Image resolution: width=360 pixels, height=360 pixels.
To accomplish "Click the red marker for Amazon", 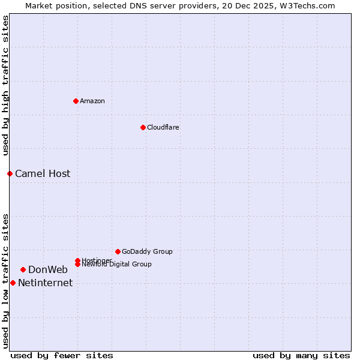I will tap(76, 101).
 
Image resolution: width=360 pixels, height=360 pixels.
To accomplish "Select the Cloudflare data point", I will tap(143, 127).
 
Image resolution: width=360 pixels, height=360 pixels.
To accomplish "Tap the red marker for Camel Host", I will tap(10, 173).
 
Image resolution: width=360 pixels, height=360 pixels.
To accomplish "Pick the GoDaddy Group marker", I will tap(118, 251).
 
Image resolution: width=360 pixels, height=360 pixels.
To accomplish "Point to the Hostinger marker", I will tap(77, 260).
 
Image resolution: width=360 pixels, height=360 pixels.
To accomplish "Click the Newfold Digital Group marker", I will tap(77, 264).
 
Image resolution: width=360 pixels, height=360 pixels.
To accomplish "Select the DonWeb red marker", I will tap(23, 269).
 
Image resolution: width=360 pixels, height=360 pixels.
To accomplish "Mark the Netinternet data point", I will tap(13, 283).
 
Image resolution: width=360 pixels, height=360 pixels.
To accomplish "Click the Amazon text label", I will tap(92, 101).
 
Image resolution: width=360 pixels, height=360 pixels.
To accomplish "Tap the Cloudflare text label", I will tap(163, 127).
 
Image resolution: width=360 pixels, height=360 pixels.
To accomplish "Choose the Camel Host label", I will tap(43, 173).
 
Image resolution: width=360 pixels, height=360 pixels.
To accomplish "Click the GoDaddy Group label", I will tap(147, 251).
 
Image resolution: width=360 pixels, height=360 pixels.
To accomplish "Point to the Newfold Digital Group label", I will tap(116, 265).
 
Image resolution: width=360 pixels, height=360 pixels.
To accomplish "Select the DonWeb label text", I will tap(48, 269).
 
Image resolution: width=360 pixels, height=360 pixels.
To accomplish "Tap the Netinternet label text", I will tap(45, 283).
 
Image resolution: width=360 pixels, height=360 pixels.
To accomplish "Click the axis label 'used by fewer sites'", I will tap(62, 355).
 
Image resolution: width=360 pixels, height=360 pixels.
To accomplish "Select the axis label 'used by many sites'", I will tap(301, 355).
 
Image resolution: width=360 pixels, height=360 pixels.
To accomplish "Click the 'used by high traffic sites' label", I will tap(5, 86).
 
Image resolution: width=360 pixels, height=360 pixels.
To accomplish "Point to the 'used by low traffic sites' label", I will tap(5, 280).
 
